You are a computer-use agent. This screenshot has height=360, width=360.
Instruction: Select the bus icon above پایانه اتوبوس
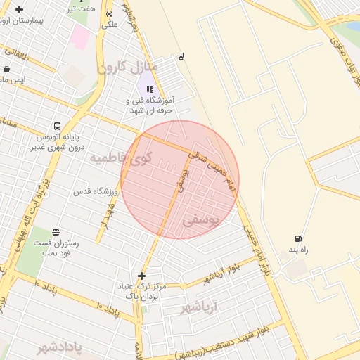click(56, 127)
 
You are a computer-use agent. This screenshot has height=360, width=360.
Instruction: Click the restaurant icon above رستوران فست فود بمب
click(56, 232)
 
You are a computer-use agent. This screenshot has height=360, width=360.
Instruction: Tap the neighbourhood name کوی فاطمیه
click(120, 157)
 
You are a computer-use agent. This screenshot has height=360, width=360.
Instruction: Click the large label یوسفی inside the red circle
click(201, 220)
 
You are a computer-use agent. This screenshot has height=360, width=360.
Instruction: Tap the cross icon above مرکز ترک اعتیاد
click(141, 276)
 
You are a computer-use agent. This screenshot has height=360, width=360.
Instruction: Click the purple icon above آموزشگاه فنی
click(150, 89)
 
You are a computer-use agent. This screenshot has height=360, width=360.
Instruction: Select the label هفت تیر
click(79, 9)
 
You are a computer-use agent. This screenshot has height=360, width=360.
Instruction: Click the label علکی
click(109, 24)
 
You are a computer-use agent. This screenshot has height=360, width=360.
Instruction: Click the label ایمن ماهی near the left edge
click(11, 79)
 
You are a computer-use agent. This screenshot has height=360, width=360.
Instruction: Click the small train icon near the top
click(181, 55)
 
